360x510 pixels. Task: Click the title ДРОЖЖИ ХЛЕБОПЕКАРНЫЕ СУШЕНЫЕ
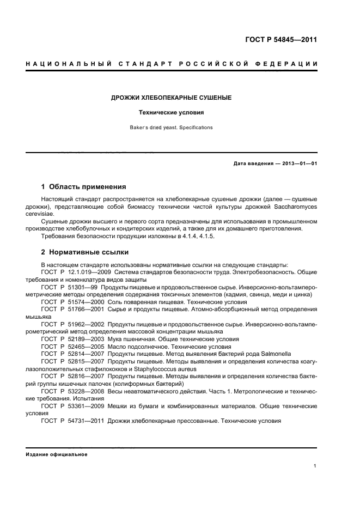point(172,98)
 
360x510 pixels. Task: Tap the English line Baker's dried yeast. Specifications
point(172,127)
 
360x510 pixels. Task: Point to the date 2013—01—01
point(298,163)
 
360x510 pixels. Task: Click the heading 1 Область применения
point(84,186)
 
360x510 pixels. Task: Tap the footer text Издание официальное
point(57,454)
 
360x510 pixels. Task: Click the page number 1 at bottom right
point(315,466)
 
